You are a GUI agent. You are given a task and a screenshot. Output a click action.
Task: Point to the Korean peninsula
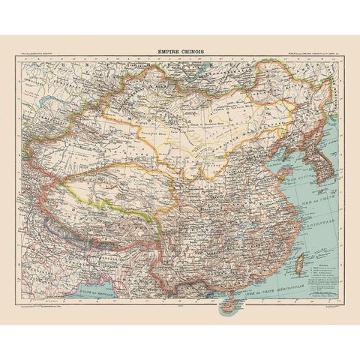[325, 160]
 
